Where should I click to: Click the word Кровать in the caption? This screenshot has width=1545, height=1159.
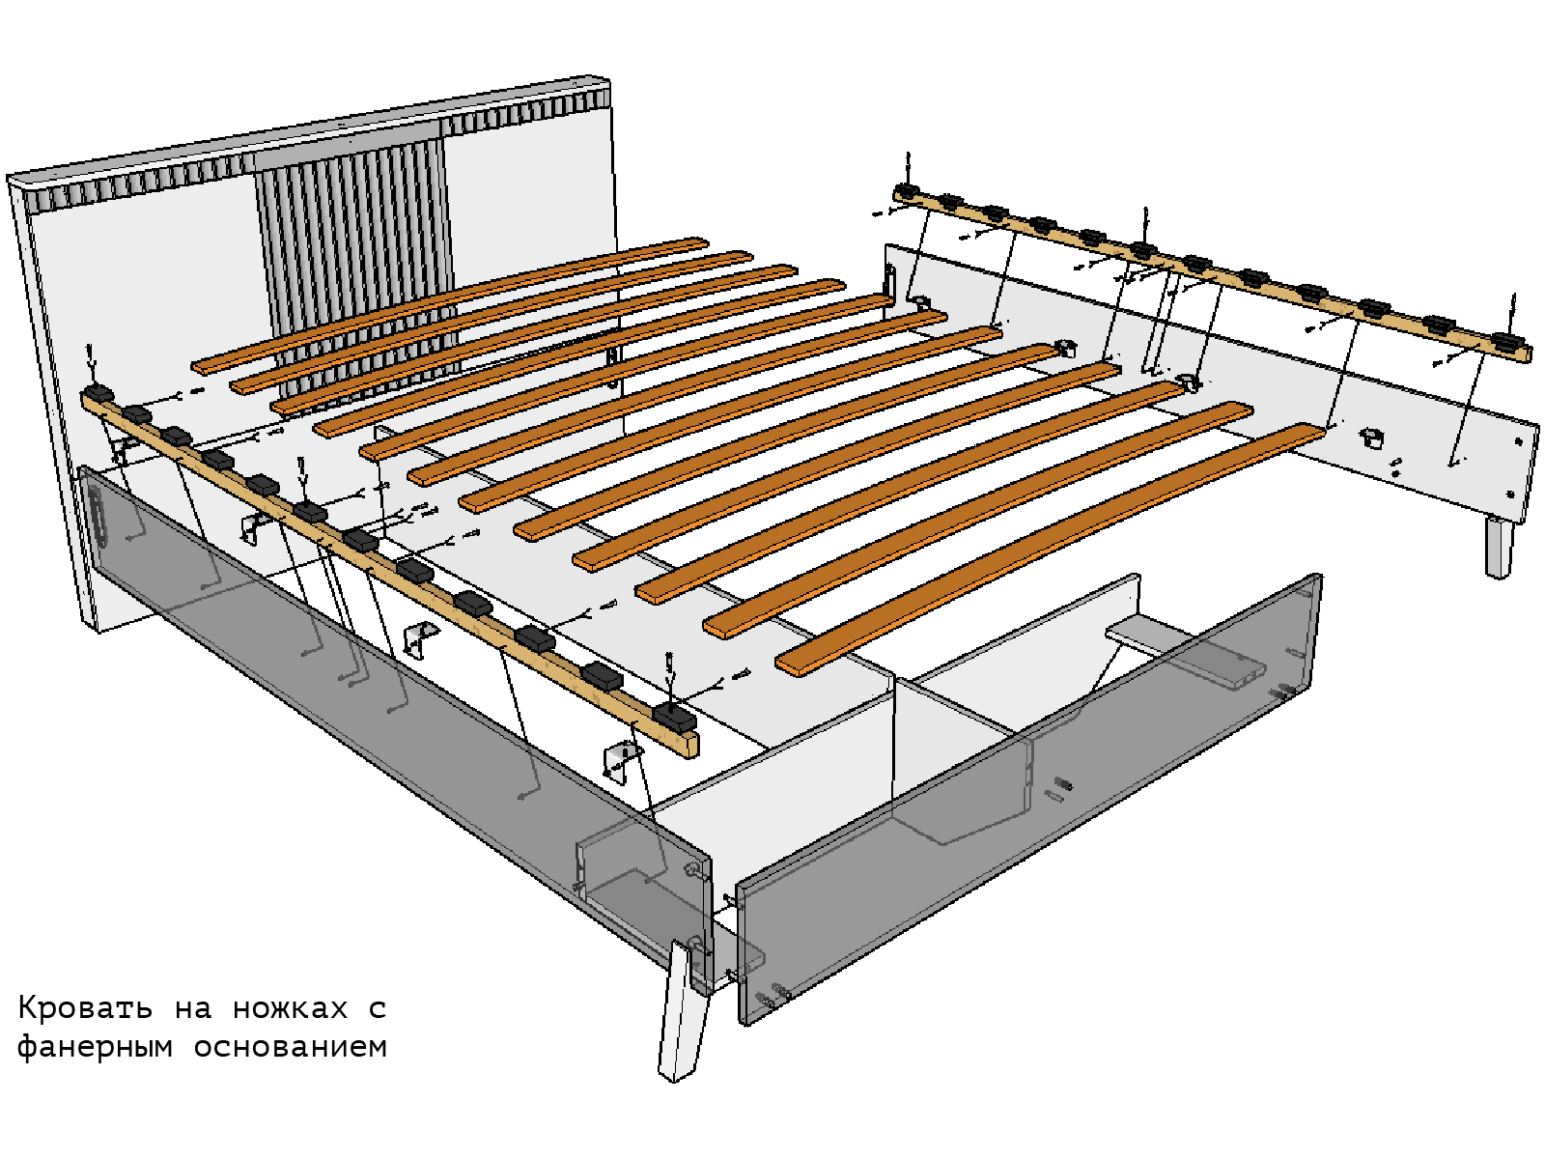84,1008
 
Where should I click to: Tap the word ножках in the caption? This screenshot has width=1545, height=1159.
290,1008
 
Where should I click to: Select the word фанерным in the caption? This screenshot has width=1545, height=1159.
95,1047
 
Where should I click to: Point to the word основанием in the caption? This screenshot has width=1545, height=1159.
291,1047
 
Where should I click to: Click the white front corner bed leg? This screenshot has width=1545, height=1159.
682,1010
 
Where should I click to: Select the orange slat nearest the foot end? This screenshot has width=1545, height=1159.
1049,549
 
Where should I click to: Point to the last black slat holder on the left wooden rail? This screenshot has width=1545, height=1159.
674,716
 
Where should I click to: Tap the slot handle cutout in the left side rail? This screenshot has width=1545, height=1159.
98,517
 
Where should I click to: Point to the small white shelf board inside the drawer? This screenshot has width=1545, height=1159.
1183,655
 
